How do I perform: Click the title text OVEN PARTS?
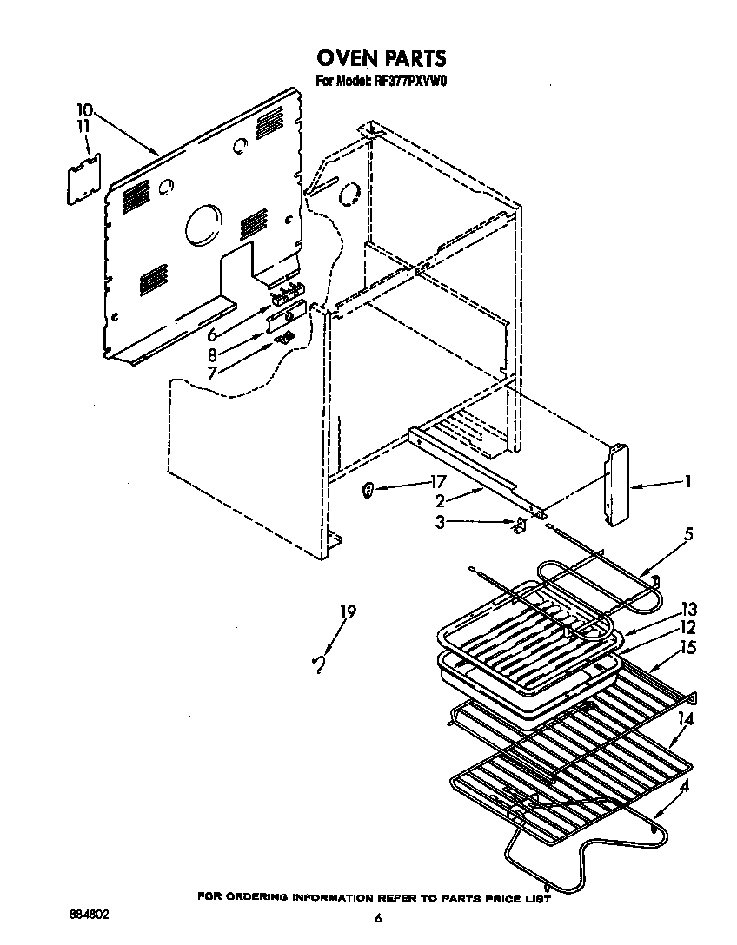coord(381,58)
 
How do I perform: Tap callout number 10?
coord(83,110)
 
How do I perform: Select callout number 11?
coord(83,126)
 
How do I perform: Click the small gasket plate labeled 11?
coord(84,179)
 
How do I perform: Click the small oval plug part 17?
coord(368,492)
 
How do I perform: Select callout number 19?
coord(348,612)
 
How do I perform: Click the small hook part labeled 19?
coord(320,664)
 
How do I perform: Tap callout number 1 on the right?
coord(687,481)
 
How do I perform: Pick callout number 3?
coord(441,522)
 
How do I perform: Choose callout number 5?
coord(687,534)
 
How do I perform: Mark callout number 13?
coord(689,609)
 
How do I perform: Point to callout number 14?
coord(686,718)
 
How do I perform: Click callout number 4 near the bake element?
coord(686,787)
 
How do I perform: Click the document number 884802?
coord(90,915)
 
